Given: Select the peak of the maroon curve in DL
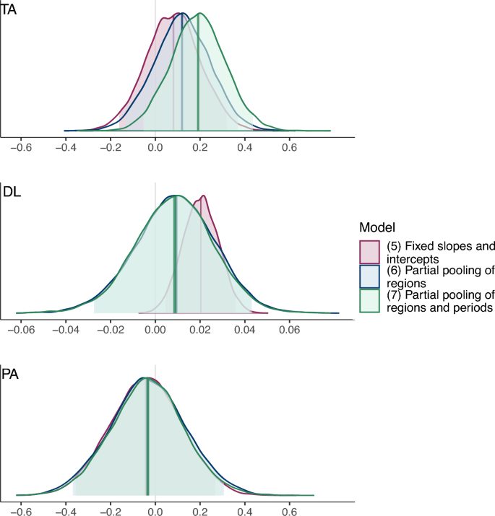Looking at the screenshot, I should pyautogui.click(x=204, y=196).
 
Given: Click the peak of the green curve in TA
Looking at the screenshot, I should pyautogui.click(x=199, y=14).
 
